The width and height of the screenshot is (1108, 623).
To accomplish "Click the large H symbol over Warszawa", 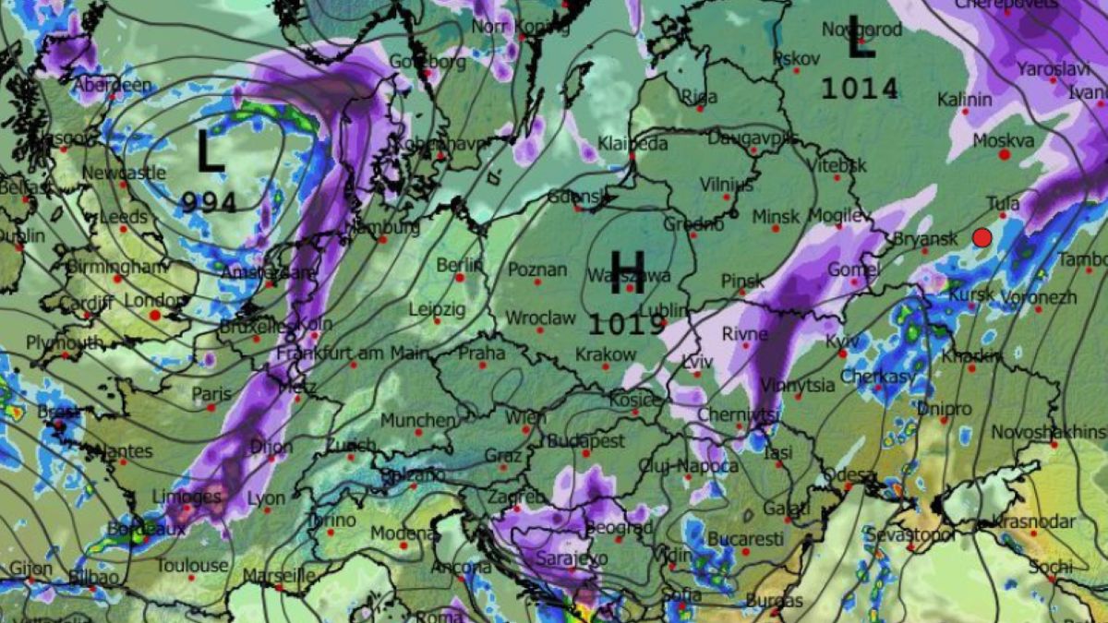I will click(627, 271).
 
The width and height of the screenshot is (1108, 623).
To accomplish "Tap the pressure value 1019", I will click(628, 324).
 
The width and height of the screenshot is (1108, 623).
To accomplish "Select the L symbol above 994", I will click(211, 151).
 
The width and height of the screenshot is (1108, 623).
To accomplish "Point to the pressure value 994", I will click(210, 202).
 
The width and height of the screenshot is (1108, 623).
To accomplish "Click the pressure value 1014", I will click(860, 89).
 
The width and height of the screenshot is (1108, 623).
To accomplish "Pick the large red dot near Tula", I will click(982, 238).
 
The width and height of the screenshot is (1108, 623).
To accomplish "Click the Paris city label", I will click(211, 394).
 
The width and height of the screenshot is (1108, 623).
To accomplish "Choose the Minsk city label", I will click(776, 216).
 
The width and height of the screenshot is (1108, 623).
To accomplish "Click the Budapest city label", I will click(586, 441).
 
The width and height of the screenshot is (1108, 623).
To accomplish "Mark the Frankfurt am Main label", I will click(353, 353).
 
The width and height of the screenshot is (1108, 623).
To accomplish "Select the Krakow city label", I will click(606, 354).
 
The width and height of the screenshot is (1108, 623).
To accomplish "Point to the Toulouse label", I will click(192, 565).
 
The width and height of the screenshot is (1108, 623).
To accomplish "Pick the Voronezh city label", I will click(1038, 298).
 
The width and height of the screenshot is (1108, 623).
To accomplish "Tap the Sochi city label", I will click(1051, 566).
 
